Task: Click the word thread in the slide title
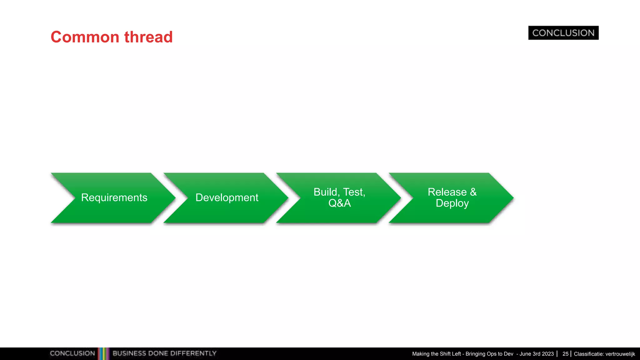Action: pos(148,37)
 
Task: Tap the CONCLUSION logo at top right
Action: pos(563,33)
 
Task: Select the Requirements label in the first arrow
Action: pos(114,197)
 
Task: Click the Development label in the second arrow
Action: pos(227,197)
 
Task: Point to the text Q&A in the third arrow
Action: pos(339,203)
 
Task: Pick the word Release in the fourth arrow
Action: pos(447,192)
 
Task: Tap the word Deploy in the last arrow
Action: pos(452,203)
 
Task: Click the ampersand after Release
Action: pos(473,192)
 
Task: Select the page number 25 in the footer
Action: pos(565,354)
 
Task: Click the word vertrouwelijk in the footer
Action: pos(620,354)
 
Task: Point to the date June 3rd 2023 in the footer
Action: pos(537,354)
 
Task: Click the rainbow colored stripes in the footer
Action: pos(103,353)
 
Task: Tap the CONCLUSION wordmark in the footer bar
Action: pos(72,353)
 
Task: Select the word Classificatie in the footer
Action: pos(588,354)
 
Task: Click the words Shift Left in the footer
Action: pos(450,354)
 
